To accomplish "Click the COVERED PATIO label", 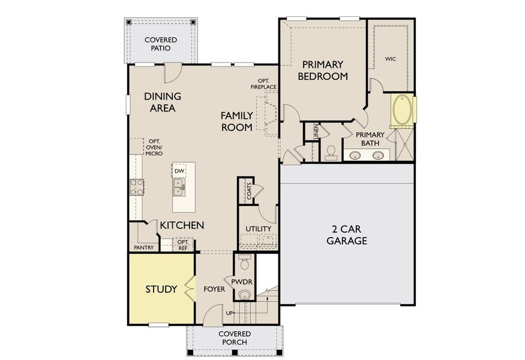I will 160,44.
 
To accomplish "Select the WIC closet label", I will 390,59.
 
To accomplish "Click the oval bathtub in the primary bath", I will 402,111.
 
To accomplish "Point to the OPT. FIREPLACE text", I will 263,83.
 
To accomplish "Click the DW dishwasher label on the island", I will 179,171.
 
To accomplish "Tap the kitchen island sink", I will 179,190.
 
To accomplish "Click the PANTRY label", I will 144,247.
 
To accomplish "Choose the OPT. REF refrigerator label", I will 182,245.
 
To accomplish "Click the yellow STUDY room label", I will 161,289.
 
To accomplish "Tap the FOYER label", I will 214,289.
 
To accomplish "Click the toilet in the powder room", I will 244,263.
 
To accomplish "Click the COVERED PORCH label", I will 234,338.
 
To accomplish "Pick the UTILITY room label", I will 259,229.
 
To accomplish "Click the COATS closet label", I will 248,191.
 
